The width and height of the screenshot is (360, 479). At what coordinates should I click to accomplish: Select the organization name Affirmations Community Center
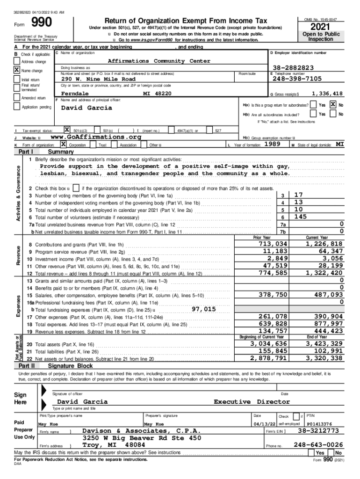(159, 61)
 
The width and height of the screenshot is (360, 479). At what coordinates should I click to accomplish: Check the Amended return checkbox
(17, 98)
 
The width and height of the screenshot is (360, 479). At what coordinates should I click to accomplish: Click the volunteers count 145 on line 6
(301, 217)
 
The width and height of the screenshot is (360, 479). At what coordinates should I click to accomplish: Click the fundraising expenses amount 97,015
(203, 309)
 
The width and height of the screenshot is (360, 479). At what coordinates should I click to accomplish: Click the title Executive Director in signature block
(252, 402)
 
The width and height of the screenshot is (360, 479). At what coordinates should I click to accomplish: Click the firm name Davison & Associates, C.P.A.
(142, 430)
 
